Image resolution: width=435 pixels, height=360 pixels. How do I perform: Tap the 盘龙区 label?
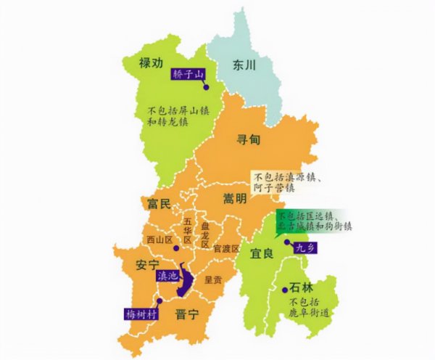pos(205,235)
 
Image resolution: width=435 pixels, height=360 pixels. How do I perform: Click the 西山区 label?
pos(159,237)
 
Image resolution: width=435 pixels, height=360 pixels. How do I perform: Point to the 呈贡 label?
pos(213,278)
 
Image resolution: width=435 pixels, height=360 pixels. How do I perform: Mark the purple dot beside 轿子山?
pos(205,86)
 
